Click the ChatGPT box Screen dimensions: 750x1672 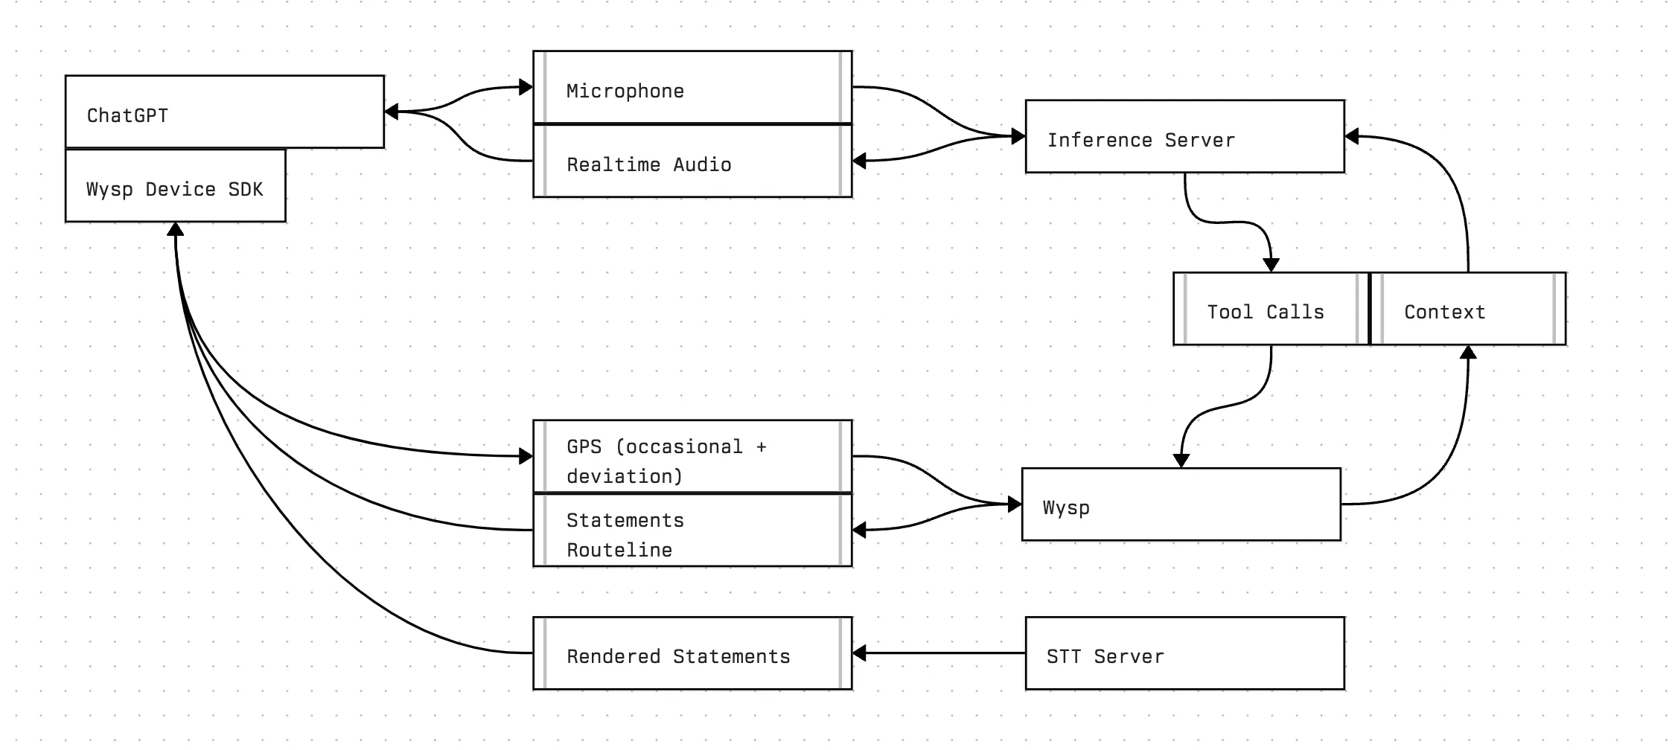click(x=224, y=112)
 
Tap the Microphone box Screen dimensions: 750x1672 click(x=692, y=87)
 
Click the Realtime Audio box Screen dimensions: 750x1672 click(x=692, y=161)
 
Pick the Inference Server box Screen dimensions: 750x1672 click(x=1184, y=137)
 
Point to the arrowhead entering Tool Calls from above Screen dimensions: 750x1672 click(x=1271, y=265)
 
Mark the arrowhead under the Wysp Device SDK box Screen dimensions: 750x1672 click(x=175, y=229)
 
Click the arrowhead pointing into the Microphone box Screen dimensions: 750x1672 click(x=526, y=87)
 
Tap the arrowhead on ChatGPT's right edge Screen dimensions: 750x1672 click(x=392, y=112)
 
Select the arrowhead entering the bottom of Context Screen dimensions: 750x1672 click(x=1468, y=353)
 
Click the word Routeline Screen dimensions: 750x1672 click(x=619, y=551)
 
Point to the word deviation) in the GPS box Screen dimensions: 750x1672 click(x=624, y=477)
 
